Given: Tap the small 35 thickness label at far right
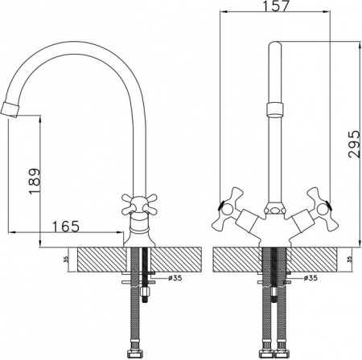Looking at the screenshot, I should (348, 260).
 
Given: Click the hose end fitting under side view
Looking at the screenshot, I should (133, 350).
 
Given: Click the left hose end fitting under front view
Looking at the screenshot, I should (265, 350).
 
